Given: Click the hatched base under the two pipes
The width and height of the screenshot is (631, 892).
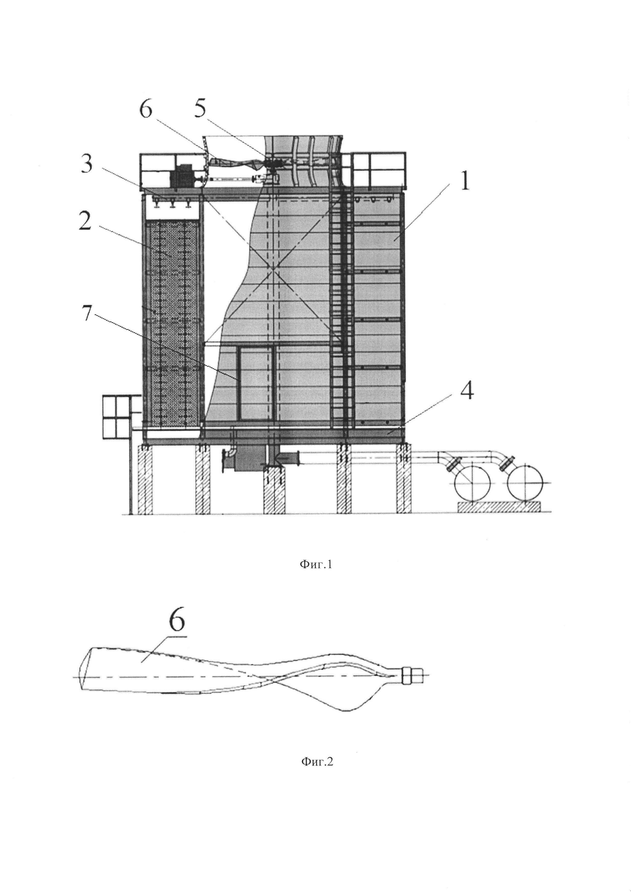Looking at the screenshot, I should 498,507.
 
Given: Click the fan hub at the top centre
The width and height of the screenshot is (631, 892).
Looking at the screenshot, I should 271,161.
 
